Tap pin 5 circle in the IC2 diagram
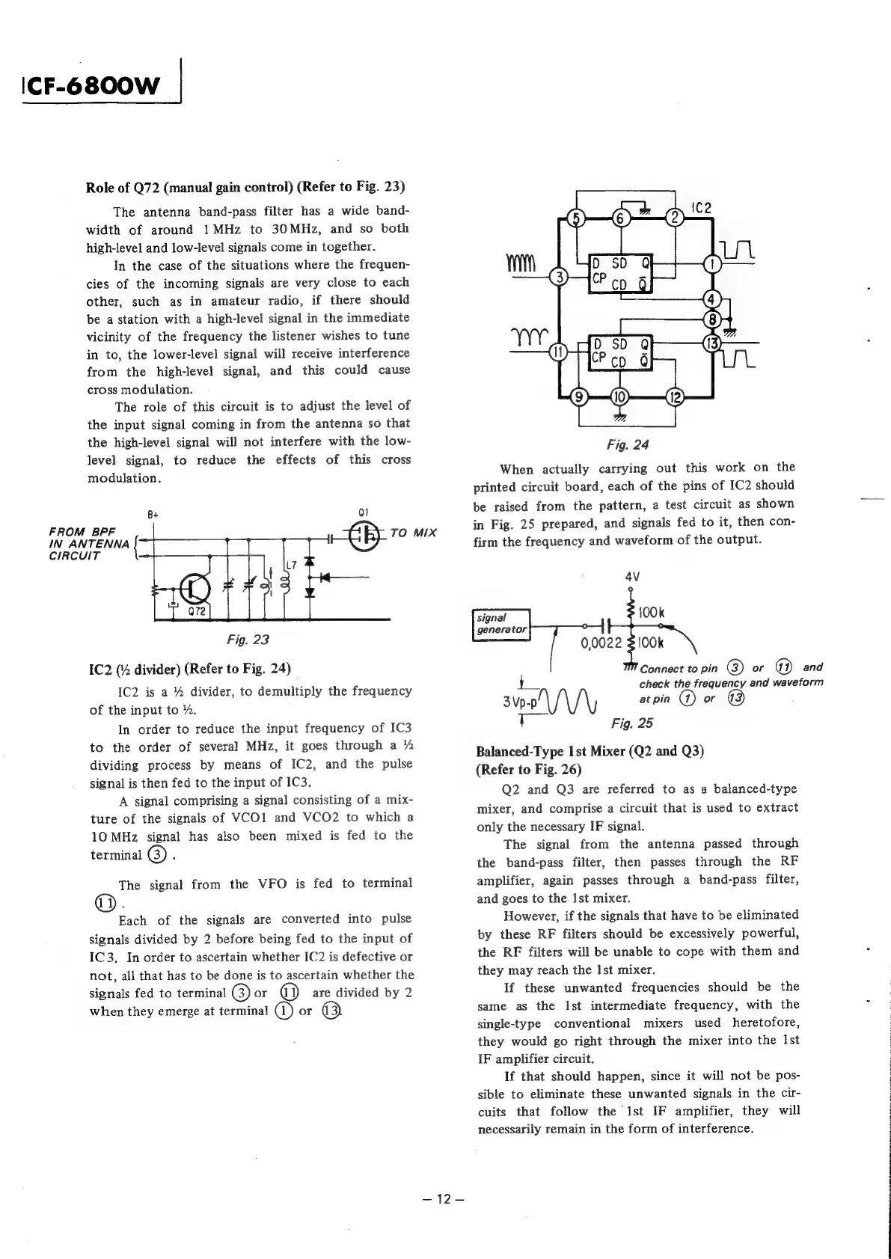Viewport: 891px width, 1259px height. (576, 218)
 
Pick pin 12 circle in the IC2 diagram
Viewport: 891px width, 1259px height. (676, 396)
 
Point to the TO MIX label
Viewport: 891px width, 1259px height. (413, 533)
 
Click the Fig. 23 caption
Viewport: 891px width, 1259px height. (248, 640)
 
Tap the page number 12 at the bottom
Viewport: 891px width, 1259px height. (444, 1199)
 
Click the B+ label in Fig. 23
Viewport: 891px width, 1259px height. (153, 515)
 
